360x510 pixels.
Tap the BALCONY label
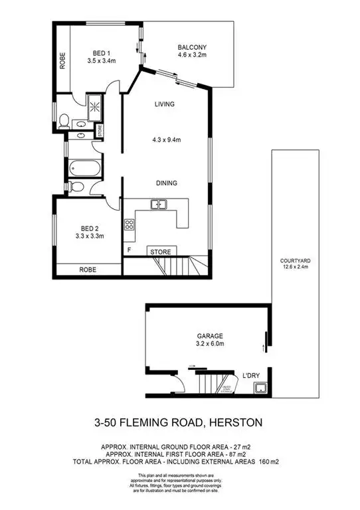click(192, 47)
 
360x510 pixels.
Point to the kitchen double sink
click(158, 205)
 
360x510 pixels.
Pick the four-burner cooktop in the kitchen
click(129, 224)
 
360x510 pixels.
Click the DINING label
click(165, 183)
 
